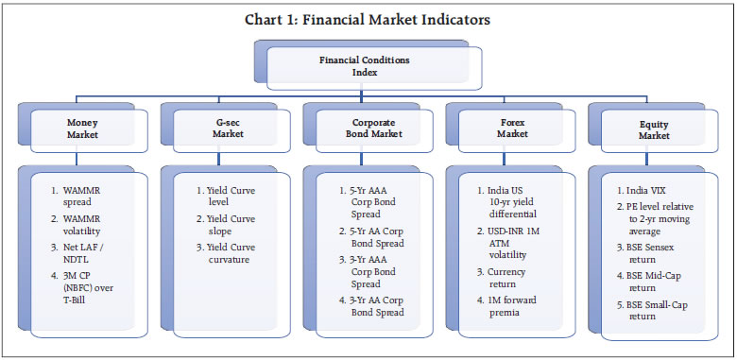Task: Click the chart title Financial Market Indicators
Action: point(368,19)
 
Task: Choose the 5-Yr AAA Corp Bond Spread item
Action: point(374,197)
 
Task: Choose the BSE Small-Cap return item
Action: point(657,311)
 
